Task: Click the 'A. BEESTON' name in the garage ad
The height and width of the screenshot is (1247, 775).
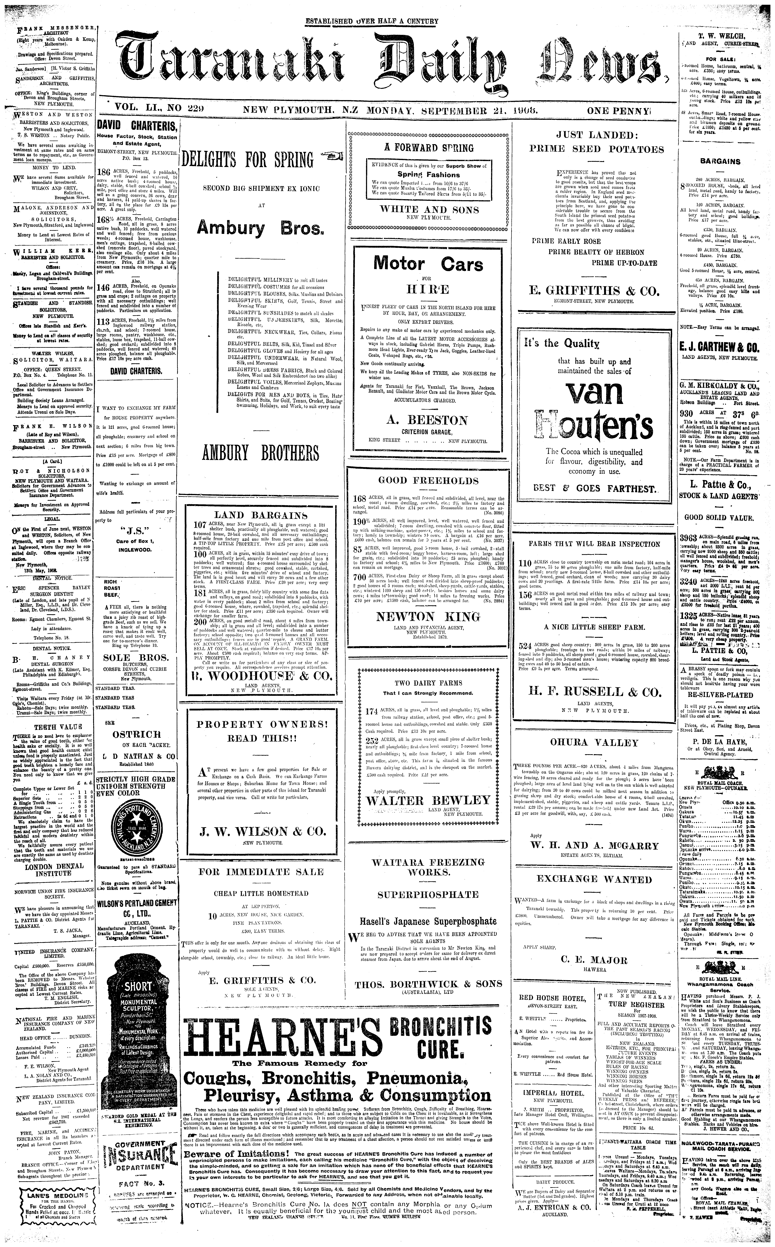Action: click(427, 420)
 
